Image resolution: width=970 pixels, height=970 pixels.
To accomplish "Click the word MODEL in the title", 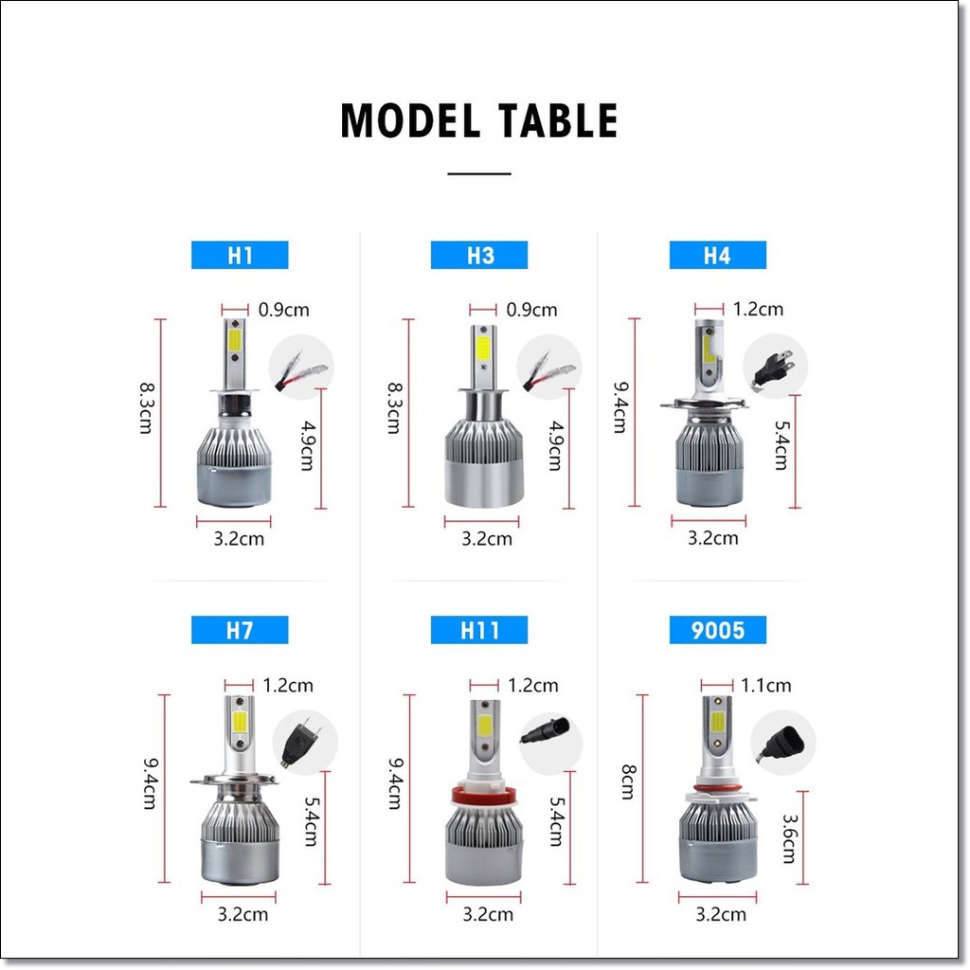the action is click(410, 120).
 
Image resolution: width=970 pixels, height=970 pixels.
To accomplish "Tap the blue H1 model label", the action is click(240, 255).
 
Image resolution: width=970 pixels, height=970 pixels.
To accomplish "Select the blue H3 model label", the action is click(478, 255).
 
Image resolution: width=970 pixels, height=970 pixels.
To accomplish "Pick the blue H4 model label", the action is click(718, 255).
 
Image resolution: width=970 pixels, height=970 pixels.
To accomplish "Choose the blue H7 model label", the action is click(240, 630).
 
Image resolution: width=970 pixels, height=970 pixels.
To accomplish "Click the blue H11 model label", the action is click(478, 630).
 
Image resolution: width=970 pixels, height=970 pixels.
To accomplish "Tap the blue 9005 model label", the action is click(718, 630).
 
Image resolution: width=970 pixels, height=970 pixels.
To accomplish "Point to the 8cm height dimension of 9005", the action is click(629, 782).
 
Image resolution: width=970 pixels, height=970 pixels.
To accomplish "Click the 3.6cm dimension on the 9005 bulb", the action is click(789, 838).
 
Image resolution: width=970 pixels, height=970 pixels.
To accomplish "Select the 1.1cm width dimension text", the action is click(765, 686).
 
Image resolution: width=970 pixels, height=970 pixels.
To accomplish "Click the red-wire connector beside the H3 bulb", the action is click(549, 371).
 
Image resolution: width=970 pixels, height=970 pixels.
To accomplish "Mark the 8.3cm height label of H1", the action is click(146, 407).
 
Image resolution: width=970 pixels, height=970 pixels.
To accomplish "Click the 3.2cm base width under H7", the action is click(242, 914).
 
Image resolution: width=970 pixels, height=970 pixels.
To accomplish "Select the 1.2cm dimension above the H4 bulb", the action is click(758, 309).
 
